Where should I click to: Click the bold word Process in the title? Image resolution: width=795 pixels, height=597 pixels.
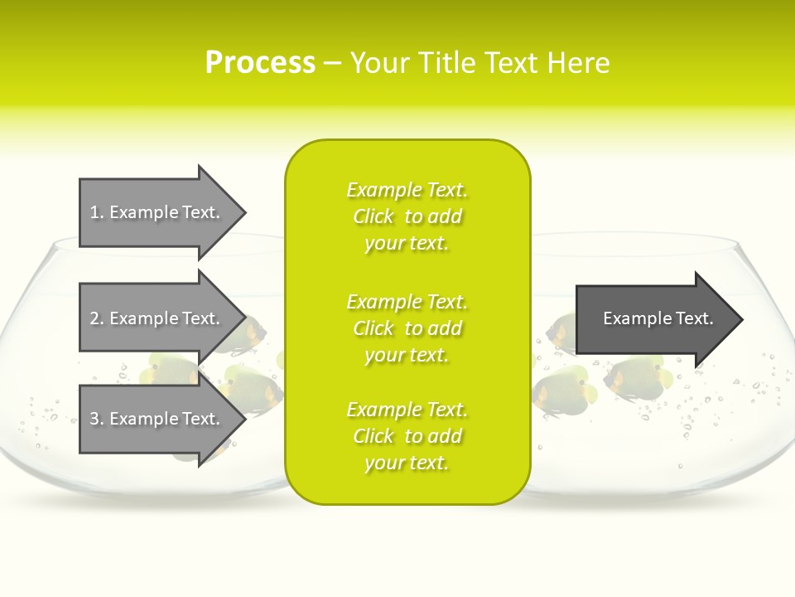tap(260, 63)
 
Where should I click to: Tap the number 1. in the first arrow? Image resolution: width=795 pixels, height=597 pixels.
tap(97, 212)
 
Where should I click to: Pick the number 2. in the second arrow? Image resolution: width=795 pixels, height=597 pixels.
tap(97, 318)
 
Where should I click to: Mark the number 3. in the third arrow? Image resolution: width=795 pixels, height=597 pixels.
tap(97, 419)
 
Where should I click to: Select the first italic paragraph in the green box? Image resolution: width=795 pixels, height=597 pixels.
tap(407, 216)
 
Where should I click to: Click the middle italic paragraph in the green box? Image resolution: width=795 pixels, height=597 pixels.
tap(407, 328)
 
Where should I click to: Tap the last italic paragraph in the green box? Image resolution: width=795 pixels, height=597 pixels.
tap(407, 436)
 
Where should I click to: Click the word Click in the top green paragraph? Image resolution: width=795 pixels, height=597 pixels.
tap(373, 216)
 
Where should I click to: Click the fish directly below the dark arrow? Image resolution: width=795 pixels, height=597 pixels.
tap(634, 377)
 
